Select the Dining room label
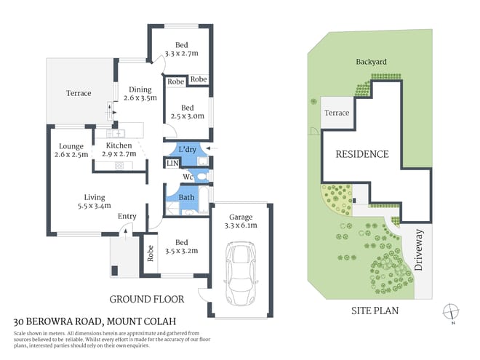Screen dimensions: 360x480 point(140,92)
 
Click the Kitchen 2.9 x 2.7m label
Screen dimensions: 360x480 point(119,150)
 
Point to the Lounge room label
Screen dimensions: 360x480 point(71,150)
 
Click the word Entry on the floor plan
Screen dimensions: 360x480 point(127,216)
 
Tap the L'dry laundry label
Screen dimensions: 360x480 point(187,149)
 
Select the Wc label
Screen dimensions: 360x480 point(187,176)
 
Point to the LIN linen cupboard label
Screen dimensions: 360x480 point(172,164)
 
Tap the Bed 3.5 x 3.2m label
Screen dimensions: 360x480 point(183,246)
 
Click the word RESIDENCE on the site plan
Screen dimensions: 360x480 point(361,154)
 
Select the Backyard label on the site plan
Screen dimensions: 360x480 point(371,62)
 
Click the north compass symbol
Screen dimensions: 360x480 point(452,311)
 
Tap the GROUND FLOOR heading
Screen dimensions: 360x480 point(146,298)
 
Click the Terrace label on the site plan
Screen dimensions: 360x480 point(337,113)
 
